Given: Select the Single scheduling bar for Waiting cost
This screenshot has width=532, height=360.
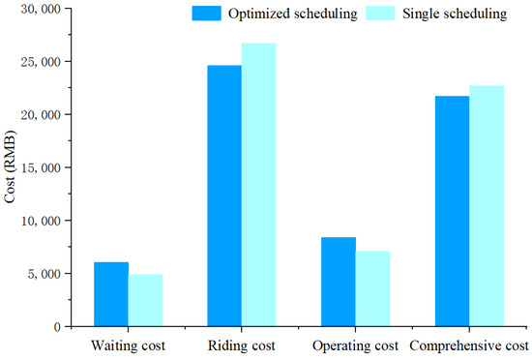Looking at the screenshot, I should pos(145,300).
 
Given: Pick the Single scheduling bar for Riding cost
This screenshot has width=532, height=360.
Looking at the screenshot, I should pos(258,184).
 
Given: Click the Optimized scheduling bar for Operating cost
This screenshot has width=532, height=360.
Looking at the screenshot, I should pos(338,282).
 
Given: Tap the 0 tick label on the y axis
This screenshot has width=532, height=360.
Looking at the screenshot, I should pos(56,327).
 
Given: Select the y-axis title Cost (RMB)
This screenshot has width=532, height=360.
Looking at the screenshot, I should pos(11,167).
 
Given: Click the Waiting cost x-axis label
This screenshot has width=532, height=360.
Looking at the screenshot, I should pos(128,345).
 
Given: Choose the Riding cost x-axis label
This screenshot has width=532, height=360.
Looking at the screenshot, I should pos(242,345).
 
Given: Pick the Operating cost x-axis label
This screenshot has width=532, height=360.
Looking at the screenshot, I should pos(354,345).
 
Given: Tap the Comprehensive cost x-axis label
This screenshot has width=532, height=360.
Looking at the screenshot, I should pos(468,345).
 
